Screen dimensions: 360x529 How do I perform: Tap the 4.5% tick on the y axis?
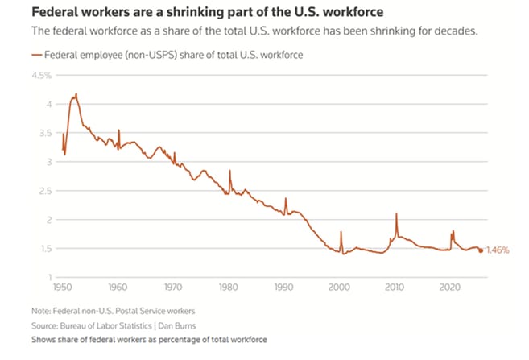[x=41, y=76]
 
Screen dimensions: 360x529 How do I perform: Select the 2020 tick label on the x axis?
[x=450, y=287]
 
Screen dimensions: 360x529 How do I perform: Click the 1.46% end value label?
[x=499, y=250]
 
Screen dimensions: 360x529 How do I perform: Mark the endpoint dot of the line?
[x=481, y=250]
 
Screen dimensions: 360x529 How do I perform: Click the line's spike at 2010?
[x=396, y=214]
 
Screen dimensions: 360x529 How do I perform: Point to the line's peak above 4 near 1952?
[x=76, y=94]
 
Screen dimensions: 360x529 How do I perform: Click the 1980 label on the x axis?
[x=228, y=287]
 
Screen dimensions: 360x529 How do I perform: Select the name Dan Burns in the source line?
[x=176, y=326]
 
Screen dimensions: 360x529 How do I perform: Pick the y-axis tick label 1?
[x=49, y=278]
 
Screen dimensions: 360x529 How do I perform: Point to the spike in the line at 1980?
[x=229, y=172]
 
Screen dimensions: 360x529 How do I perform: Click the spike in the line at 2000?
[x=341, y=233]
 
